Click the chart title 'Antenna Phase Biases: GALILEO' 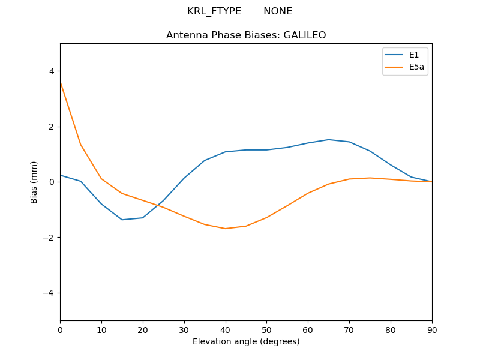click(246, 35)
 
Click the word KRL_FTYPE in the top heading click(214, 11)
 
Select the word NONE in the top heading click(278, 11)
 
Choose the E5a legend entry click(416, 67)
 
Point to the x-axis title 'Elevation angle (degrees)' click(246, 342)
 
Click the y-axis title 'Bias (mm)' click(34, 182)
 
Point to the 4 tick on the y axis click(52, 71)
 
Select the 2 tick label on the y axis click(52, 127)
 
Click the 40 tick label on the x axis click(226, 329)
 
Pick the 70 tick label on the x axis click(349, 329)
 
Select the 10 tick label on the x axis click(101, 329)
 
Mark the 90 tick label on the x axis click(432, 329)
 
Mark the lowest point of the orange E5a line click(226, 229)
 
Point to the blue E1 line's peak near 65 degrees click(329, 140)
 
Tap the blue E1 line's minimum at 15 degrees click(122, 220)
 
